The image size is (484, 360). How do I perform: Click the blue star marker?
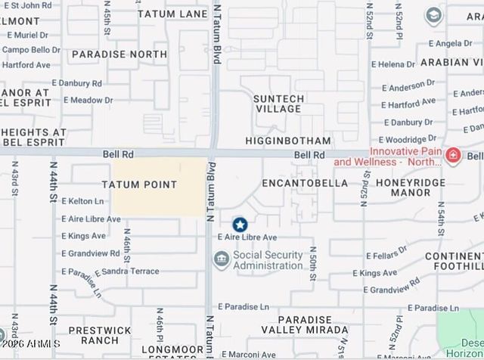coord(240,225)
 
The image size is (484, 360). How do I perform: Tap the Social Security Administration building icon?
coord(221,260)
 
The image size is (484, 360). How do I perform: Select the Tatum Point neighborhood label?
coord(140,185)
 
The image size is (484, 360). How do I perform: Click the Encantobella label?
coord(305,183)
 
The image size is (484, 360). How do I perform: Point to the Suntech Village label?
coord(279,104)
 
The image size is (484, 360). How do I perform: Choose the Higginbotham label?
coord(288,141)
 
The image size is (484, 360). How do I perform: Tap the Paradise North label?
coord(119,54)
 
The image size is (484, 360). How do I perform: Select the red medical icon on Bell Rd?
coord(453,157)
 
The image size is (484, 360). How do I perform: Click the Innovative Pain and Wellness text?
coord(388,157)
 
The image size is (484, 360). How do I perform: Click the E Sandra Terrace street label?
coord(126,271)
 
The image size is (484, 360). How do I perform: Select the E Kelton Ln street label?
coord(82,201)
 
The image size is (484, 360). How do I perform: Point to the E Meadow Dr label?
coord(88,100)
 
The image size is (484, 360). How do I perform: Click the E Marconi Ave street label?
coord(247,354)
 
